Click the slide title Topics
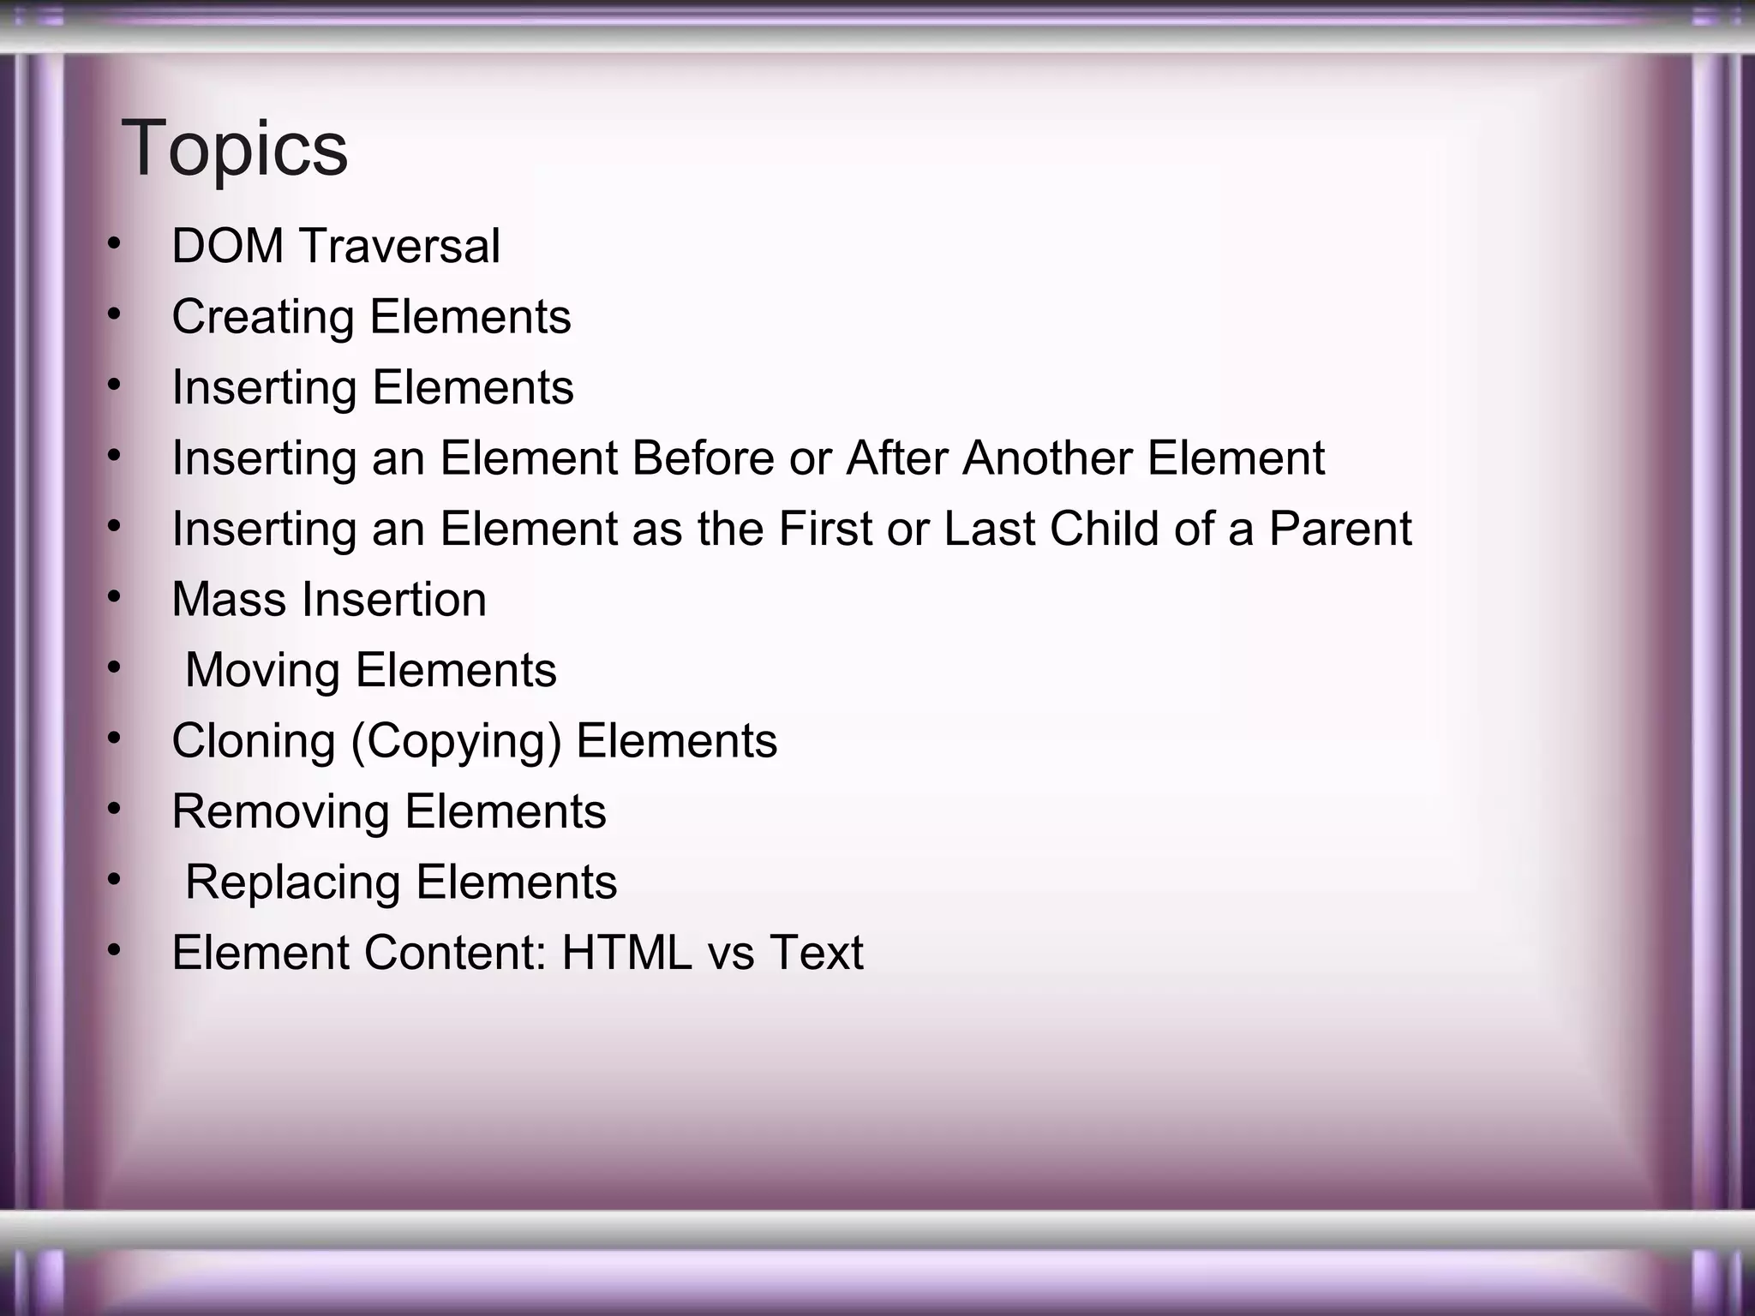[x=235, y=150]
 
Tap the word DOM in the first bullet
[x=227, y=247]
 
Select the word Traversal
[x=399, y=247]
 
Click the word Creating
[x=263, y=318]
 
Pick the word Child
[x=1104, y=529]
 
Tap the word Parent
[x=1339, y=529]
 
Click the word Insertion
[x=393, y=600]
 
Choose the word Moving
[x=262, y=671]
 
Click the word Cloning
[x=254, y=741]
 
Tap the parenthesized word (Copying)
[x=456, y=742]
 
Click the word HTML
[x=626, y=954]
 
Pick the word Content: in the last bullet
[x=455, y=954]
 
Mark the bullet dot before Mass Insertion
[x=114, y=598]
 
